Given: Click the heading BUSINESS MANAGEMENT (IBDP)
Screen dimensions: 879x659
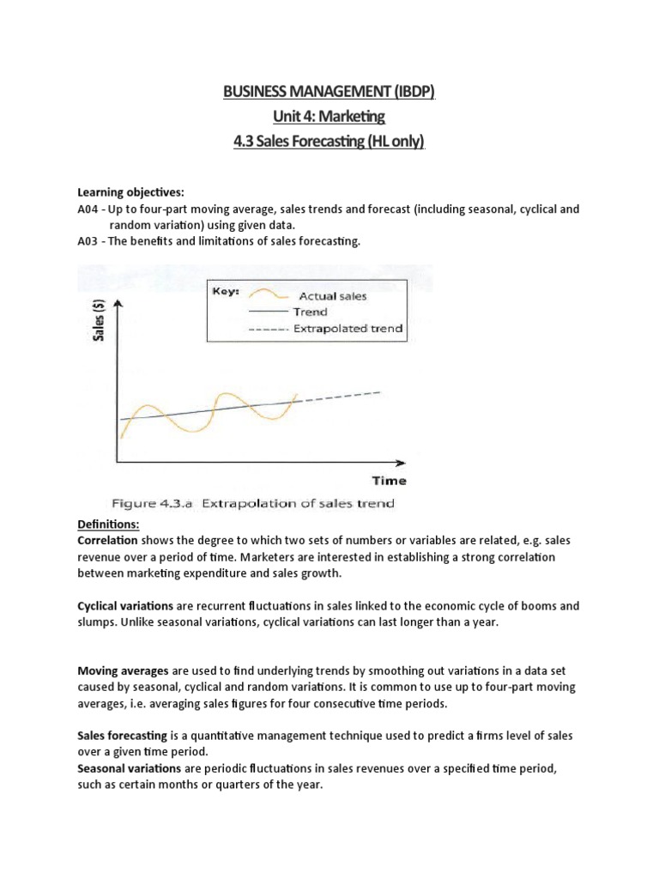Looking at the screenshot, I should tap(329, 92).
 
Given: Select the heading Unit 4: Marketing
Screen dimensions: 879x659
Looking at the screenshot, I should tap(329, 116).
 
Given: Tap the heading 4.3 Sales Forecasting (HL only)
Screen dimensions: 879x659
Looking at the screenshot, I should tap(329, 141).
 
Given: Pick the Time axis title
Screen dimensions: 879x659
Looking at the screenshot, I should tap(389, 480).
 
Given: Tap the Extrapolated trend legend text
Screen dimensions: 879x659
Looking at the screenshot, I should tap(348, 328).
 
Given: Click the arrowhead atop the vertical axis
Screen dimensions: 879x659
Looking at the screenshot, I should tap(117, 305).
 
